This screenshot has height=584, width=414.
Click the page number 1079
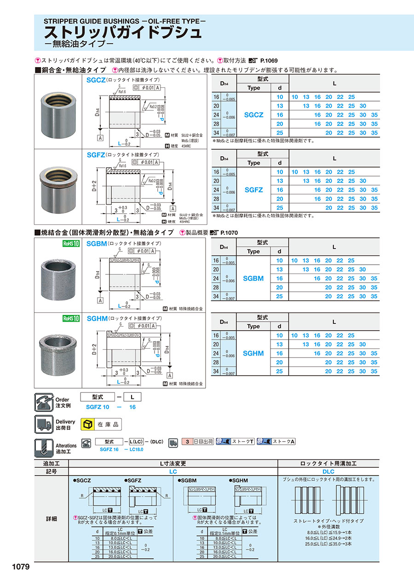tap(18, 567)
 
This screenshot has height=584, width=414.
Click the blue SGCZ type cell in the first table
tap(253, 115)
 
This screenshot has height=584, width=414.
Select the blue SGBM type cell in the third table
tap(253, 278)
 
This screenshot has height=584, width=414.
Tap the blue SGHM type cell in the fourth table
tap(253, 353)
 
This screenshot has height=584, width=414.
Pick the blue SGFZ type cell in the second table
tap(253, 190)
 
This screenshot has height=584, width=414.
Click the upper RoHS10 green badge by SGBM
tap(71, 244)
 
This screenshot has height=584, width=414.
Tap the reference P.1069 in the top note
tap(269, 61)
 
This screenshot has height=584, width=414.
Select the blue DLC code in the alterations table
tap(328, 471)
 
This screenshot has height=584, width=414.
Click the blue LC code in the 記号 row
tap(172, 471)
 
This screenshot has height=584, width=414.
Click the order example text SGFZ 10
tap(98, 407)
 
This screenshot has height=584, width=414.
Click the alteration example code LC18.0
tap(135, 449)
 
